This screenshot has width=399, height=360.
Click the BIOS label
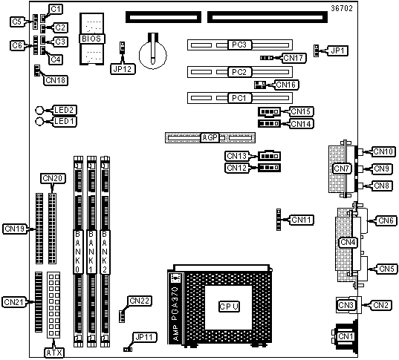[91, 39]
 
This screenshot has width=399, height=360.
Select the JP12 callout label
[123, 69]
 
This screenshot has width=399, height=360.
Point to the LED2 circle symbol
[39, 111]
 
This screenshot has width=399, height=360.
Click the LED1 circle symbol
[39, 122]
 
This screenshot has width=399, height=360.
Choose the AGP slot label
[210, 138]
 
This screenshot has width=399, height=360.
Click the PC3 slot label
[239, 45]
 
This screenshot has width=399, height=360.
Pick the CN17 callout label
[293, 58]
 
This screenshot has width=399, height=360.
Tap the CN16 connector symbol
[260, 85]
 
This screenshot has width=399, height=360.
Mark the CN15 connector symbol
[269, 111]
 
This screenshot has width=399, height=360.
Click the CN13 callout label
[237, 156]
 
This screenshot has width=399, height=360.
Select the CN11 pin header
[279, 220]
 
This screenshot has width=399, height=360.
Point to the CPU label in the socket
[229, 307]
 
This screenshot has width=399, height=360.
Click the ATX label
[54, 353]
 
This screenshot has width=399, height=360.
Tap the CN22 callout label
[140, 301]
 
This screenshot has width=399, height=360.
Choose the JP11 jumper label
[145, 338]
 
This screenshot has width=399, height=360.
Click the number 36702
[342, 8]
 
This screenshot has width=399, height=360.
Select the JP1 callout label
[337, 51]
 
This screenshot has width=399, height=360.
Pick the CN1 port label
[346, 336]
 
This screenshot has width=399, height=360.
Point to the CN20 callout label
[53, 178]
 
